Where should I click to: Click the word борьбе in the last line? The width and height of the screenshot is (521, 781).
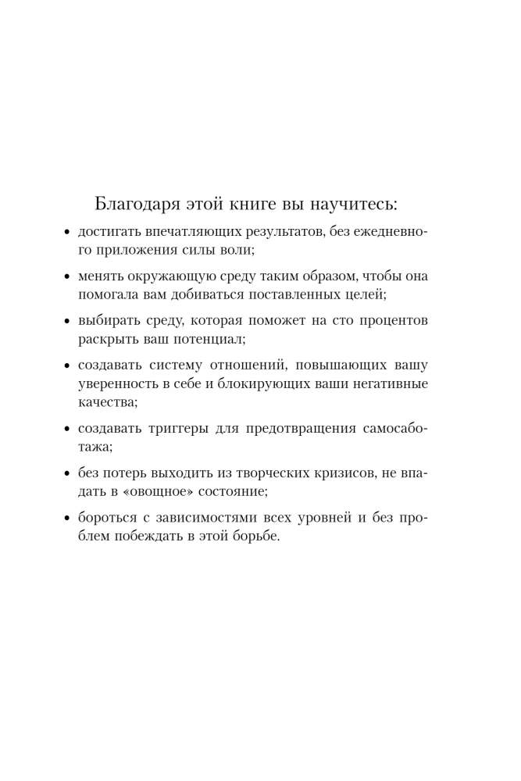[x=256, y=536]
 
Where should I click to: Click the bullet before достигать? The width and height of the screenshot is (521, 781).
[x=67, y=234]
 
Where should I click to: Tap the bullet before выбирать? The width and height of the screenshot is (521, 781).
[x=67, y=321]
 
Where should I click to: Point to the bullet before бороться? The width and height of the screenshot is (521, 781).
[x=67, y=518]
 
